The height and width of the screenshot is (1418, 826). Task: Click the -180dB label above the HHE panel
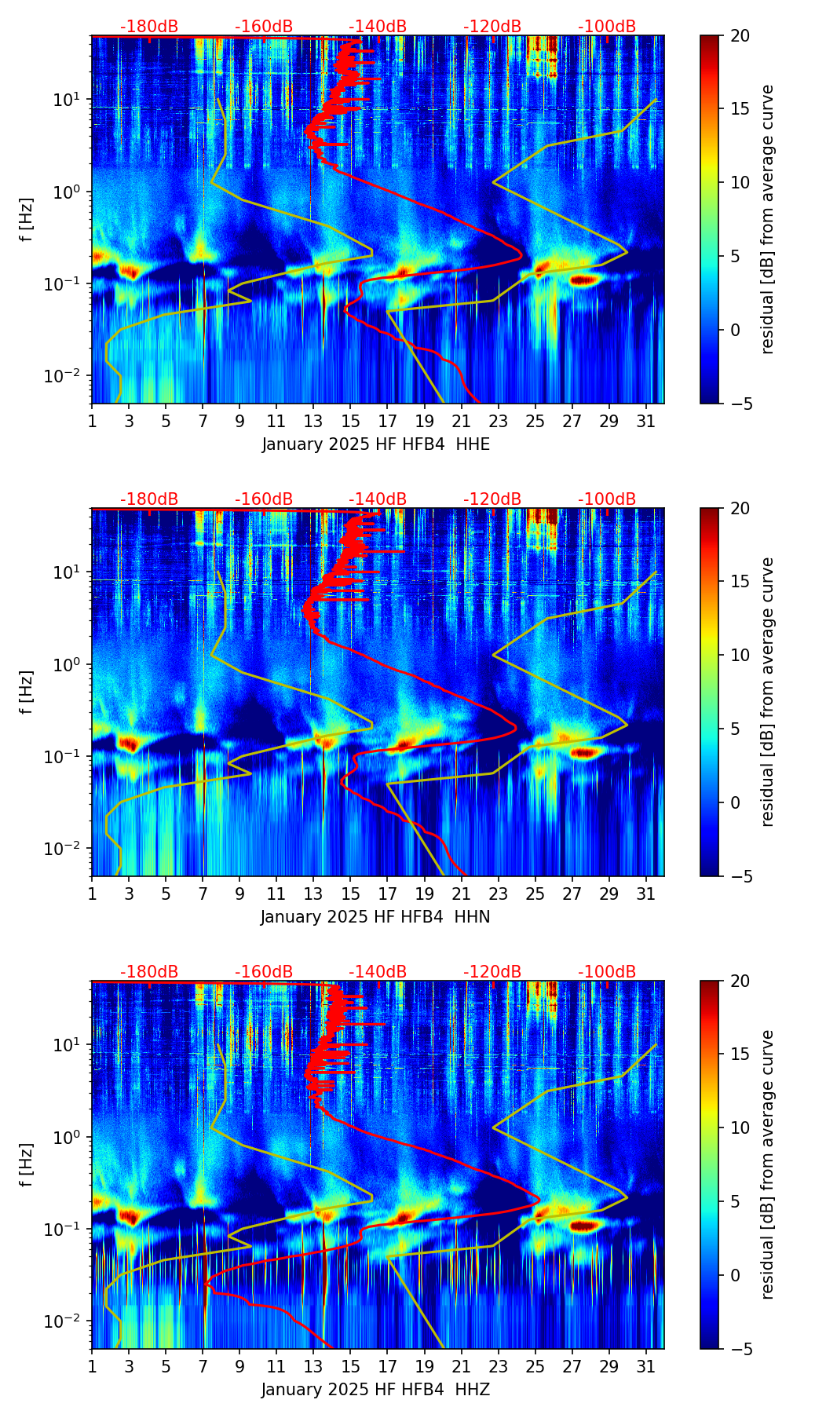[149, 27]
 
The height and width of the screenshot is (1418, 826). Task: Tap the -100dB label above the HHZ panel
[607, 972]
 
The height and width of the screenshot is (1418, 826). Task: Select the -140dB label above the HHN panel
[378, 499]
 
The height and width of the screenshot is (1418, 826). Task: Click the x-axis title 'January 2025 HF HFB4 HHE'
[375, 444]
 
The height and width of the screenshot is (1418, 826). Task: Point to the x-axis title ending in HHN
[375, 917]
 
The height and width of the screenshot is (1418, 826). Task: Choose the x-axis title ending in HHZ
[375, 1390]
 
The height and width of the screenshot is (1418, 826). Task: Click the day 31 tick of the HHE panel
[646, 421]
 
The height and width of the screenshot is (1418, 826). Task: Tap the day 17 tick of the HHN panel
[388, 894]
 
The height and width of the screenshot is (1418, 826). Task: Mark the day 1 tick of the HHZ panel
[93, 1366]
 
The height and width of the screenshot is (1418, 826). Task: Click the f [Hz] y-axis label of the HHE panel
[27, 220]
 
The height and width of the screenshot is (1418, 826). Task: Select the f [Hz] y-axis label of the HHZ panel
[27, 1165]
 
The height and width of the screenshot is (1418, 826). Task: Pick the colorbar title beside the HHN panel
[768, 692]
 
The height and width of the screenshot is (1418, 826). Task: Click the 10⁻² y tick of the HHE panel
[66, 376]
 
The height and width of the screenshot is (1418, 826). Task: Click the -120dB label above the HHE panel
[492, 27]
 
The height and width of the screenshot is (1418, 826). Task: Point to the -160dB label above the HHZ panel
[264, 972]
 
